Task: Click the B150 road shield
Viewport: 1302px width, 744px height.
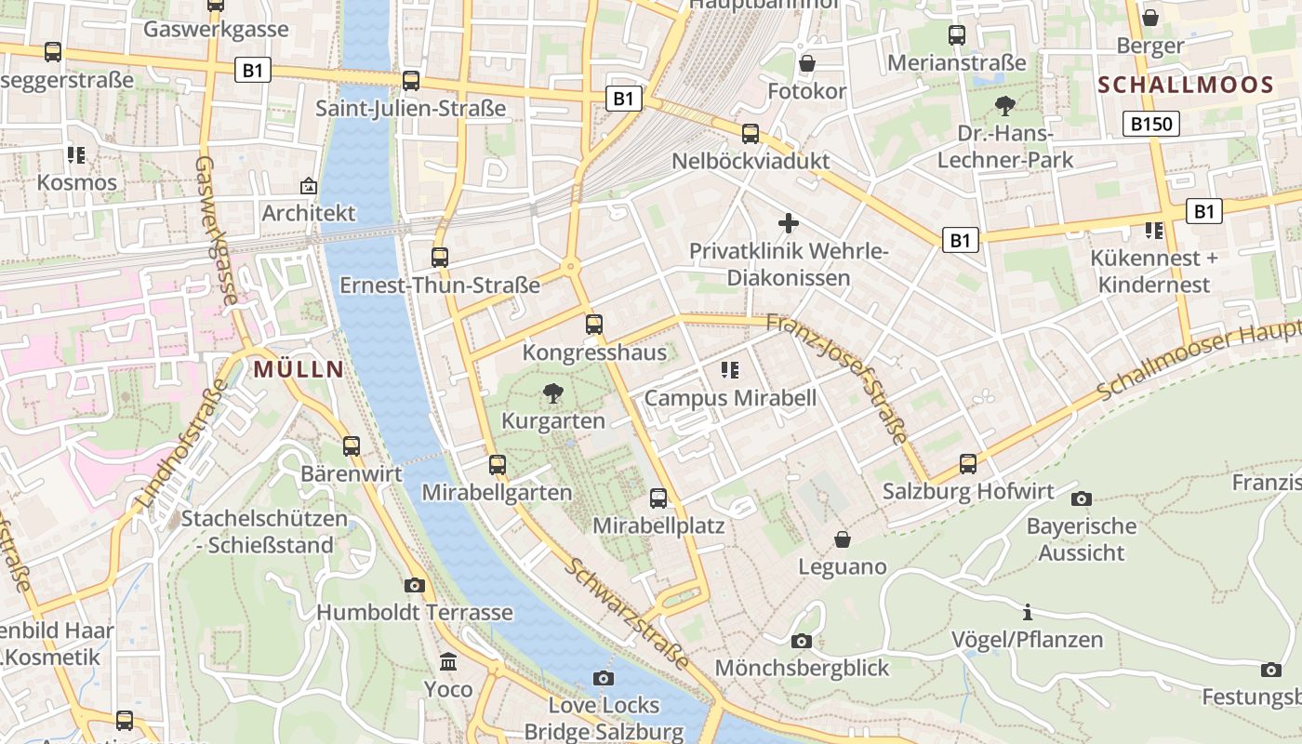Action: coord(1150,124)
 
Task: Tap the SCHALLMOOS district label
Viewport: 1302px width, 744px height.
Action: coord(1185,85)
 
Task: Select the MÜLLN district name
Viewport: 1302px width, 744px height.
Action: coord(298,369)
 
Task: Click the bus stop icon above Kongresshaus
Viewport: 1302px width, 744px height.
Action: coord(593,325)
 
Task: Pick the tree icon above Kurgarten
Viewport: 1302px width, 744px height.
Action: coord(553,392)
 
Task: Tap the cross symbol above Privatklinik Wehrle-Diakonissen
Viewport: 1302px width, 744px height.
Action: coord(789,223)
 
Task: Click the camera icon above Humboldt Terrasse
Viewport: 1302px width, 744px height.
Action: coord(415,585)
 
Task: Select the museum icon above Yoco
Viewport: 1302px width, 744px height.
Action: coord(448,661)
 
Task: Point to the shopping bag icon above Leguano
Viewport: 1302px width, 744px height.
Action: coord(843,539)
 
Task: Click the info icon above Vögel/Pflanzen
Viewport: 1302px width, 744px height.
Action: coord(1027,612)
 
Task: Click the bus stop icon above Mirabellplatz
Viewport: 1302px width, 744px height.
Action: coord(658,498)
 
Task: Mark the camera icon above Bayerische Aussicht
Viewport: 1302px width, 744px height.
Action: coord(1081,498)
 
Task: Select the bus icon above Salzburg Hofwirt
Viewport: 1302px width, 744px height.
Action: coord(968,463)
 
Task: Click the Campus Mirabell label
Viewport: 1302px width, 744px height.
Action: coord(730,398)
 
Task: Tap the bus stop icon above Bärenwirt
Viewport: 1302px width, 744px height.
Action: coord(351,445)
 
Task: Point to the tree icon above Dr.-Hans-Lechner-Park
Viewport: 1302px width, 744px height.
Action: coord(1004,106)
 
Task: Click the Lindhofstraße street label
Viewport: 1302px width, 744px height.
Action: coord(181,443)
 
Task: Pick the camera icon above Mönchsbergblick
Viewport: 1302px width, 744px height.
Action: coord(801,641)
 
